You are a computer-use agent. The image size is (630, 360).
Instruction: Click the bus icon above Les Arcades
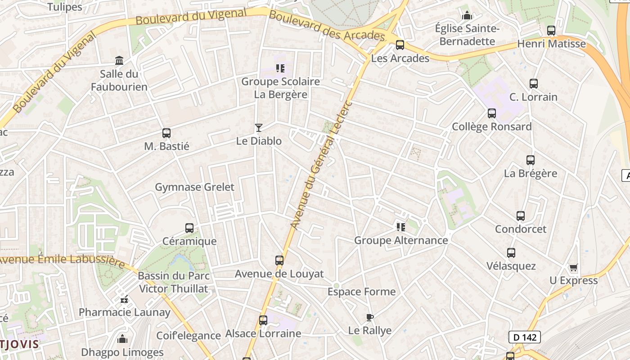point(400,45)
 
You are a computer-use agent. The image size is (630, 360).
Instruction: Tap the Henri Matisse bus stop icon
point(551,31)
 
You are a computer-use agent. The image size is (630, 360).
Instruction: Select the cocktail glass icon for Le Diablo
point(259,128)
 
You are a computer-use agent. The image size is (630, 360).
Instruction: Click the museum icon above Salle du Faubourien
point(119,60)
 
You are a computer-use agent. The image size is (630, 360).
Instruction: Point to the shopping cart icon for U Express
point(573,268)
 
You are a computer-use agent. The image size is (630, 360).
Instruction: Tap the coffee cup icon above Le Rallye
point(370,318)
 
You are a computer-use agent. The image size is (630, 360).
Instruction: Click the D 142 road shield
point(524,337)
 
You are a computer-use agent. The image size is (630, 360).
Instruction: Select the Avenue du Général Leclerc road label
point(320,165)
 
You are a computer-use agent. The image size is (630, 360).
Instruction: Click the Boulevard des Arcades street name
point(327,26)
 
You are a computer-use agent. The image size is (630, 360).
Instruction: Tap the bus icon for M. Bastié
point(166,133)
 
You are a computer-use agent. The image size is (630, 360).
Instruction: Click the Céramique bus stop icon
point(189,228)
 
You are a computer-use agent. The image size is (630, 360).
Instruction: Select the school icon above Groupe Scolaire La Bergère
point(280,68)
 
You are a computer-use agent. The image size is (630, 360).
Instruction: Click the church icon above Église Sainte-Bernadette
point(467,16)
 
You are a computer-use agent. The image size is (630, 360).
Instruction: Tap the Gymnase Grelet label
point(194,187)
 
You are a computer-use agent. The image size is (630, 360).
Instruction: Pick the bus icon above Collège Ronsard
point(492,113)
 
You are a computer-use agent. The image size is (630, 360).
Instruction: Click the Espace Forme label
point(361,292)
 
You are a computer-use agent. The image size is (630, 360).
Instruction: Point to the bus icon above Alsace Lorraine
point(263,320)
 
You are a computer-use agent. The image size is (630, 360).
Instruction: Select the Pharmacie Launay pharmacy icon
point(124,299)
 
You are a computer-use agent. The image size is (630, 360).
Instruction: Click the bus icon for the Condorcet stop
point(521,216)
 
